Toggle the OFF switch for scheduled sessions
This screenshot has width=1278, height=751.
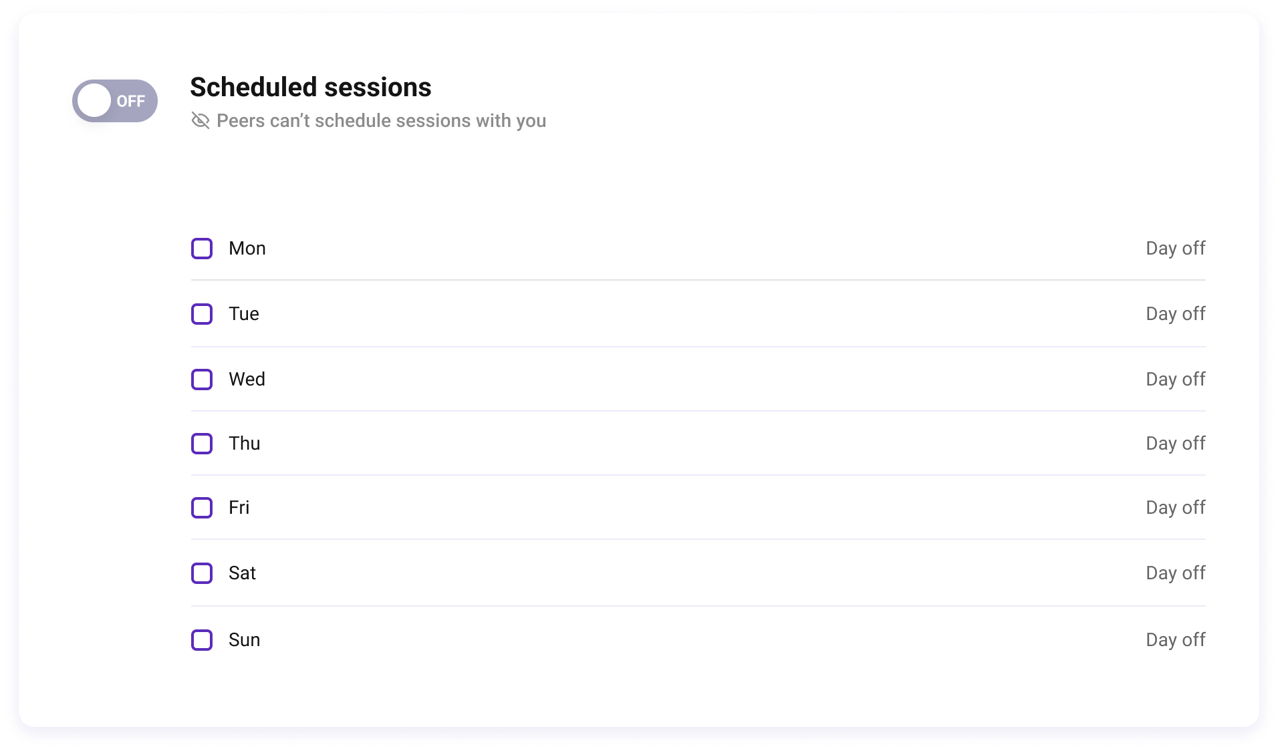115,101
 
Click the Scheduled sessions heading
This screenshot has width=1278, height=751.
311,88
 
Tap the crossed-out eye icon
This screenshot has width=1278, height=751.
201,120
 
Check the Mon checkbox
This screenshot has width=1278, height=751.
202,249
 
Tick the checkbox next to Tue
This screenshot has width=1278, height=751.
202,314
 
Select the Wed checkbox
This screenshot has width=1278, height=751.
202,380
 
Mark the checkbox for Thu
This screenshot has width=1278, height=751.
202,444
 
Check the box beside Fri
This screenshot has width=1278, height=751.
202,508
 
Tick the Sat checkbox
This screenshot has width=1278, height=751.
202,573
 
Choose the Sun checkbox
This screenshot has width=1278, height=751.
202,640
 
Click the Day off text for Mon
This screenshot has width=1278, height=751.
1176,249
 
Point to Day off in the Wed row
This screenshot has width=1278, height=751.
1176,380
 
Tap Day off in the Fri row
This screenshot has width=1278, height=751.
1176,508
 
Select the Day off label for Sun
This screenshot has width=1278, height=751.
1176,640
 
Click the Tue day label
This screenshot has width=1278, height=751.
244,314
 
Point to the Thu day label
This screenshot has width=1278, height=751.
245,444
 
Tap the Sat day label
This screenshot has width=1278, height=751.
242,573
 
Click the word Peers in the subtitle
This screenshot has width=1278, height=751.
241,121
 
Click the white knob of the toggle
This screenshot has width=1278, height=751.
94,101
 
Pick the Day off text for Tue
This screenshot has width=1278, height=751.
1176,314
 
